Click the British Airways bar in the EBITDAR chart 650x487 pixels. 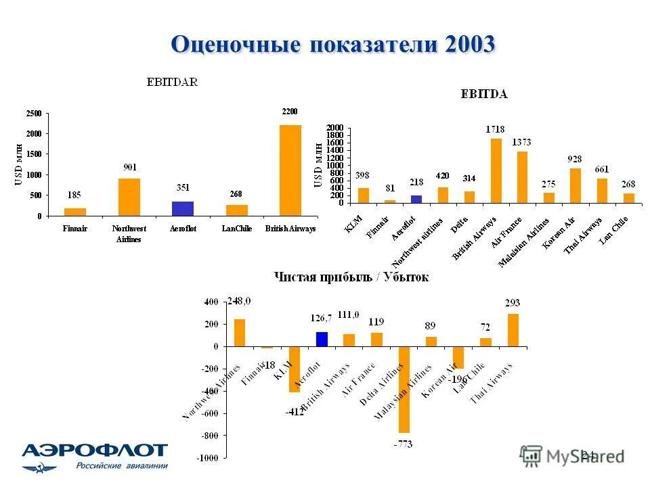[290, 170]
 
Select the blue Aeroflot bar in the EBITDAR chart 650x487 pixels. [182, 208]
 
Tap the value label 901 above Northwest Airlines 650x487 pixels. [129, 167]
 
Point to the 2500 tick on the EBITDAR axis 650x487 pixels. [34, 113]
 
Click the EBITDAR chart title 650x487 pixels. [173, 83]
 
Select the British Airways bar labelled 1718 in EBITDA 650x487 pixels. [496, 170]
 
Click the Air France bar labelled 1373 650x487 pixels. [521, 177]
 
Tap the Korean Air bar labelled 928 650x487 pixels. [575, 185]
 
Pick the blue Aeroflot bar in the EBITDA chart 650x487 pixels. [416, 199]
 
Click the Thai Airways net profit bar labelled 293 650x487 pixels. [513, 330]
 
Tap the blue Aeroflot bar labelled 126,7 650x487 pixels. [322, 339]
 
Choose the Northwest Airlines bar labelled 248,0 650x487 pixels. [239, 333]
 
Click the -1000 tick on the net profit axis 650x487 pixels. [208, 458]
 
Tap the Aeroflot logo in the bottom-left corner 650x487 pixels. [95, 457]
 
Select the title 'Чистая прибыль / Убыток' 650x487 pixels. [351, 277]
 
